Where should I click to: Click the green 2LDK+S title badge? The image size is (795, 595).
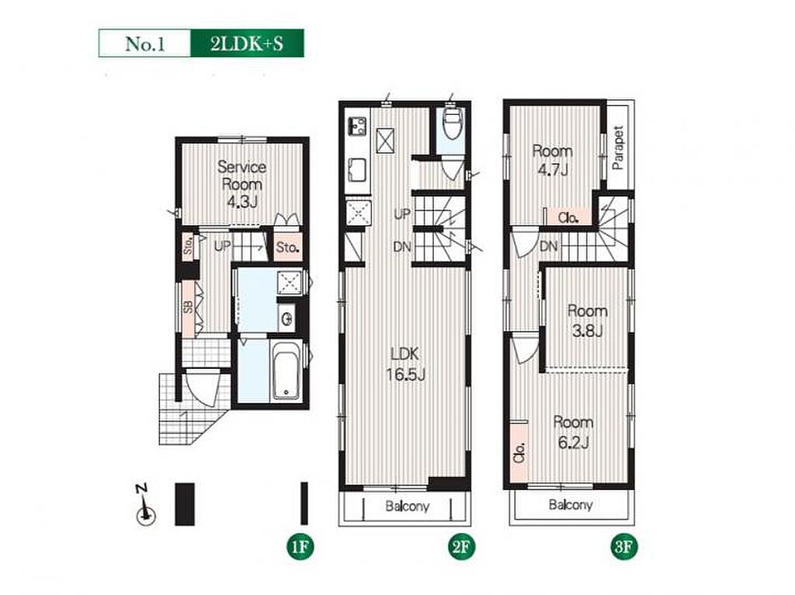point(247,43)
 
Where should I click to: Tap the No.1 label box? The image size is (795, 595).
point(145,43)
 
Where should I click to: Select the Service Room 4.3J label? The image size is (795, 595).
point(242,184)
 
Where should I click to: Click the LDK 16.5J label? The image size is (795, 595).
point(405,364)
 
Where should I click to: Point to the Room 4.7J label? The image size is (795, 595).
point(552,160)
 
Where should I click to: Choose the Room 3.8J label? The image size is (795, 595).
point(587,320)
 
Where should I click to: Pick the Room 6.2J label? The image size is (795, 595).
point(573,432)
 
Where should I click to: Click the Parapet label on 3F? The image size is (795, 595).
point(617,147)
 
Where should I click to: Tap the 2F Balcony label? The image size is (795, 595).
point(407,506)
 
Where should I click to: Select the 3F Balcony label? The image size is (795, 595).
point(571,505)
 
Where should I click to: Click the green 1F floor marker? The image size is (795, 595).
point(300,547)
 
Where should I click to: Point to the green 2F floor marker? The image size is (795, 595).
point(461,547)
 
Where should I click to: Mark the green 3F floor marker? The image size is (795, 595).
point(623,547)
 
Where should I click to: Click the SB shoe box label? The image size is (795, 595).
point(188,308)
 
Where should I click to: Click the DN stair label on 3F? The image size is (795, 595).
point(549,247)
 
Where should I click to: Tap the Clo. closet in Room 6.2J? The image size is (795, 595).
point(519,452)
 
